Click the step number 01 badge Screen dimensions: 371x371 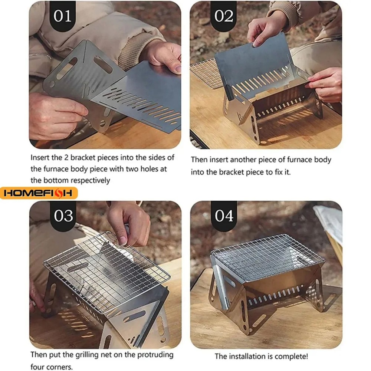tap(62, 16)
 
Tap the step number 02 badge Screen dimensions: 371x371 tap(224, 16)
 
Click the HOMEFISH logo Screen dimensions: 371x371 tap(39, 193)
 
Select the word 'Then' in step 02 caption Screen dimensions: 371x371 tap(199, 160)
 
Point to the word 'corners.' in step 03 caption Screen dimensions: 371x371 tap(59, 367)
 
